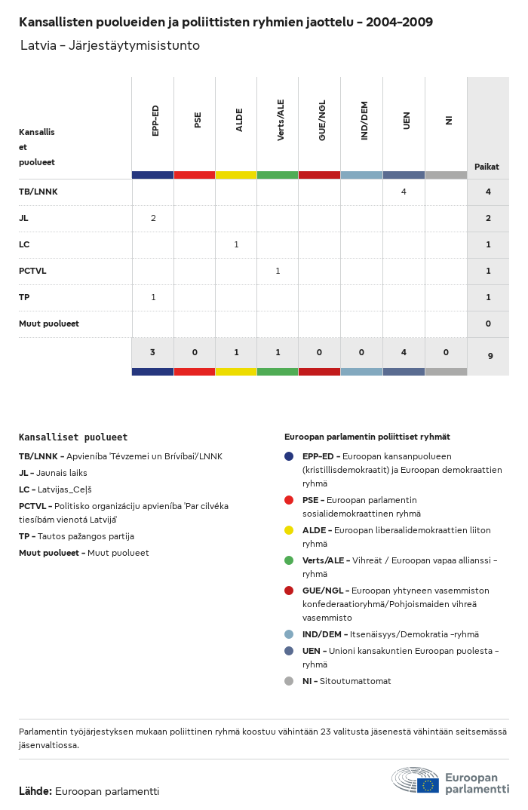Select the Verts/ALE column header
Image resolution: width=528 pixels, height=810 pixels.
pyautogui.click(x=281, y=120)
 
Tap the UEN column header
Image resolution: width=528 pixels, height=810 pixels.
pyautogui.click(x=407, y=120)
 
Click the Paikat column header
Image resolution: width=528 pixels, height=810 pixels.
pyautogui.click(x=487, y=167)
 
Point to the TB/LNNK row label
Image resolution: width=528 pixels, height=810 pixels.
pyautogui.click(x=38, y=192)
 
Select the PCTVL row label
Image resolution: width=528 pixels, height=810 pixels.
pyautogui.click(x=32, y=271)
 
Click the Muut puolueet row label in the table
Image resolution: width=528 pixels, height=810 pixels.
pyautogui.click(x=49, y=324)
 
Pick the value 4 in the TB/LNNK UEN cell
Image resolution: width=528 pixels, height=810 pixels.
pyautogui.click(x=404, y=192)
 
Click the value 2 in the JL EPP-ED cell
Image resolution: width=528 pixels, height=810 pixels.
pyautogui.click(x=153, y=218)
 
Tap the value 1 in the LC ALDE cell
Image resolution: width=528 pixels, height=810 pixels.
pyautogui.click(x=236, y=244)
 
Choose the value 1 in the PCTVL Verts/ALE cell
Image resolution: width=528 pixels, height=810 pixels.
pyautogui.click(x=278, y=271)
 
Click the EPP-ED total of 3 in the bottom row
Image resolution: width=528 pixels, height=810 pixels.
pyautogui.click(x=152, y=352)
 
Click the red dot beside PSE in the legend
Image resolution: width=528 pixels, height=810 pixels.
pyautogui.click(x=289, y=500)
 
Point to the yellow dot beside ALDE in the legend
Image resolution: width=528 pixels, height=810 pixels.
pyautogui.click(x=289, y=530)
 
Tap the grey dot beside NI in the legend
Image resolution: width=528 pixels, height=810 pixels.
pyautogui.click(x=289, y=681)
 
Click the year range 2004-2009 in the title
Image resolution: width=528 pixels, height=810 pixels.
pyautogui.click(x=399, y=22)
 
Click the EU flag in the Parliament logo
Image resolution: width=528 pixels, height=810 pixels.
pyautogui.click(x=428, y=785)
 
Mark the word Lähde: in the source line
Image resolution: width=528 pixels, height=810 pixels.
pyautogui.click(x=35, y=791)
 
